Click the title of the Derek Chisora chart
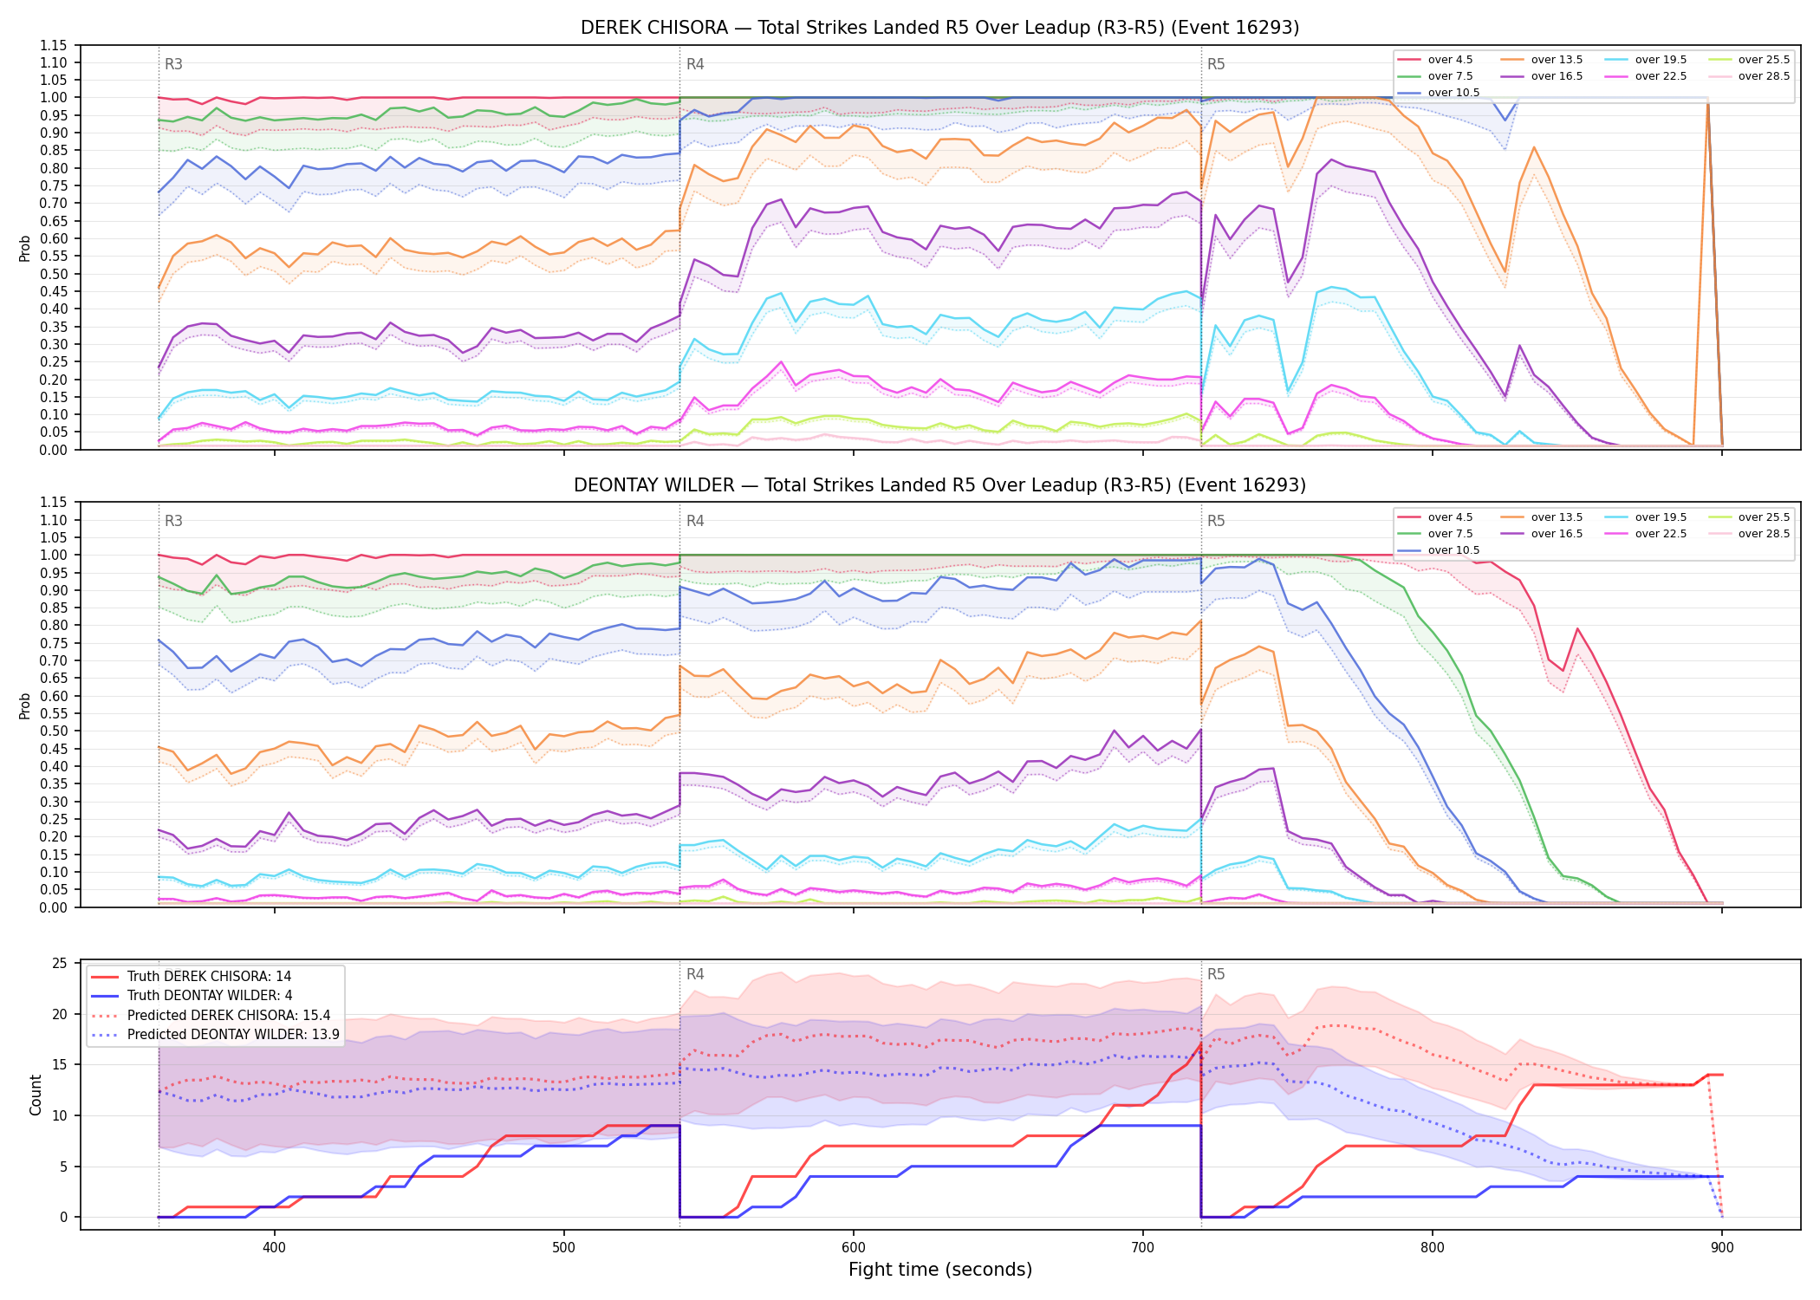939,28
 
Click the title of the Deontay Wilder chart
939,485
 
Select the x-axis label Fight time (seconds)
940,1270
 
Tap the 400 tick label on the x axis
275,1247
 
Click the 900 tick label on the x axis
1722,1247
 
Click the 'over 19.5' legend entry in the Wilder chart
1646,517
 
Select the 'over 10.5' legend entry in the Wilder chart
1439,550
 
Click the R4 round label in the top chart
695,64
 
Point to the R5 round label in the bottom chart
1216,974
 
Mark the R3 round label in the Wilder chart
173,521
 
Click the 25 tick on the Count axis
60,963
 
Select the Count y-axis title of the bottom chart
36,1095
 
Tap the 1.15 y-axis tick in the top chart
54,45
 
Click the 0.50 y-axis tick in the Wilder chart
54,731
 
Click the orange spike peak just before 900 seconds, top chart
1707,102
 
